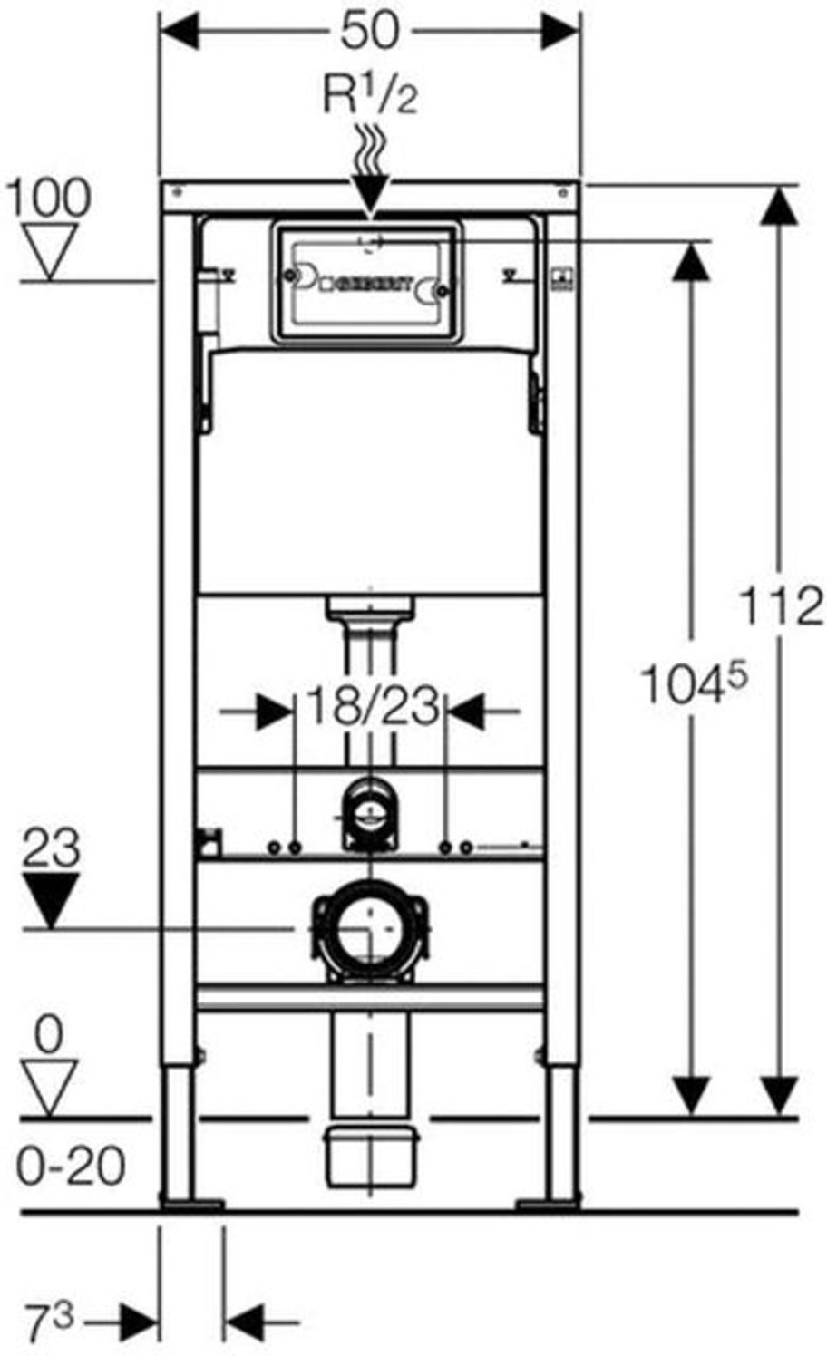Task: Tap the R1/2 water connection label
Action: tap(370, 94)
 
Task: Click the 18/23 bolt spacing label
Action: tap(372, 705)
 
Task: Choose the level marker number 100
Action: tap(49, 197)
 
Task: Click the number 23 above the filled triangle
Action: tap(51, 848)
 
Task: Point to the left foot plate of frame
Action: tap(191, 1204)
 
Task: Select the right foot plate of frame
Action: tap(548, 1204)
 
